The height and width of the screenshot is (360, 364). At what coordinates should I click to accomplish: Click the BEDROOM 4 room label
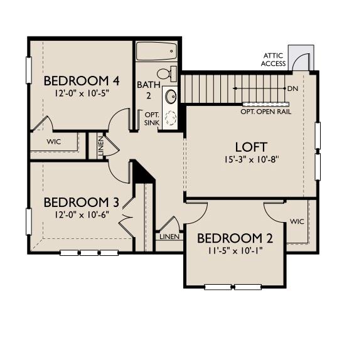coord(82,81)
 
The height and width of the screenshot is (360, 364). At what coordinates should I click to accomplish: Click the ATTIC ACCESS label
coord(274,60)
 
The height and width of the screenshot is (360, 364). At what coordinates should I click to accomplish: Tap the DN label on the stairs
coord(292,88)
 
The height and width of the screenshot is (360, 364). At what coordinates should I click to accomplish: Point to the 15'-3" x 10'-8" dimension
coord(250,159)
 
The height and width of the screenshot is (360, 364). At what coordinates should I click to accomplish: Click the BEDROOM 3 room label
coord(82,203)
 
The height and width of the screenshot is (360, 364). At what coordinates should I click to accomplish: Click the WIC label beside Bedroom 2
coord(297,221)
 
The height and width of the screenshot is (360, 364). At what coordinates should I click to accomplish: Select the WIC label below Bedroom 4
coord(55,142)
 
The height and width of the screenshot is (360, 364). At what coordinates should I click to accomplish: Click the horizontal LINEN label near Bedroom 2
coord(169,236)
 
